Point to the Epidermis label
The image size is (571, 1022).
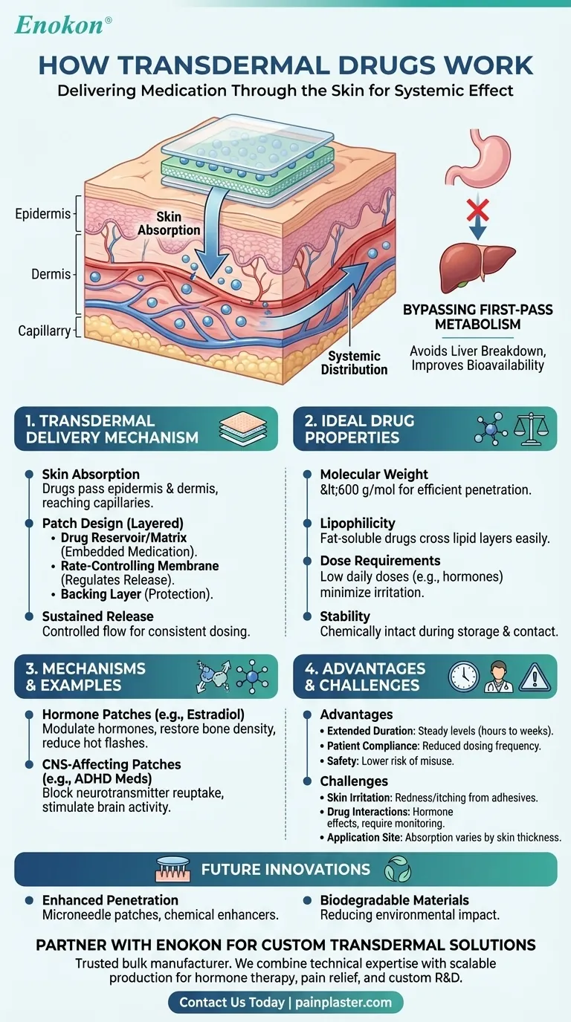click(x=42, y=215)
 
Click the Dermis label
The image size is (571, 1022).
click(x=51, y=274)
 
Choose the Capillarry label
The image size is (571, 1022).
click(x=44, y=331)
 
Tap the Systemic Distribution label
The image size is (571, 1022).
click(x=355, y=363)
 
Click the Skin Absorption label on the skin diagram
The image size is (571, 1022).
click(x=169, y=223)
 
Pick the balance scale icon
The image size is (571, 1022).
click(x=531, y=429)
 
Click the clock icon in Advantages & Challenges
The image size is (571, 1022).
click(x=463, y=677)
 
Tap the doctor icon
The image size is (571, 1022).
click(x=499, y=677)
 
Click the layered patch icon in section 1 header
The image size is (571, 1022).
click(x=245, y=429)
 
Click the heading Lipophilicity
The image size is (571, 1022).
click(x=358, y=524)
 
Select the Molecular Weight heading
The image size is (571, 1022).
click(x=374, y=474)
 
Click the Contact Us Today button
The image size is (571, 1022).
click(x=285, y=1003)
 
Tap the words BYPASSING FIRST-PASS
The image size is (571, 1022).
click(x=477, y=309)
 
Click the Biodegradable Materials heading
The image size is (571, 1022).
click(x=394, y=900)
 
